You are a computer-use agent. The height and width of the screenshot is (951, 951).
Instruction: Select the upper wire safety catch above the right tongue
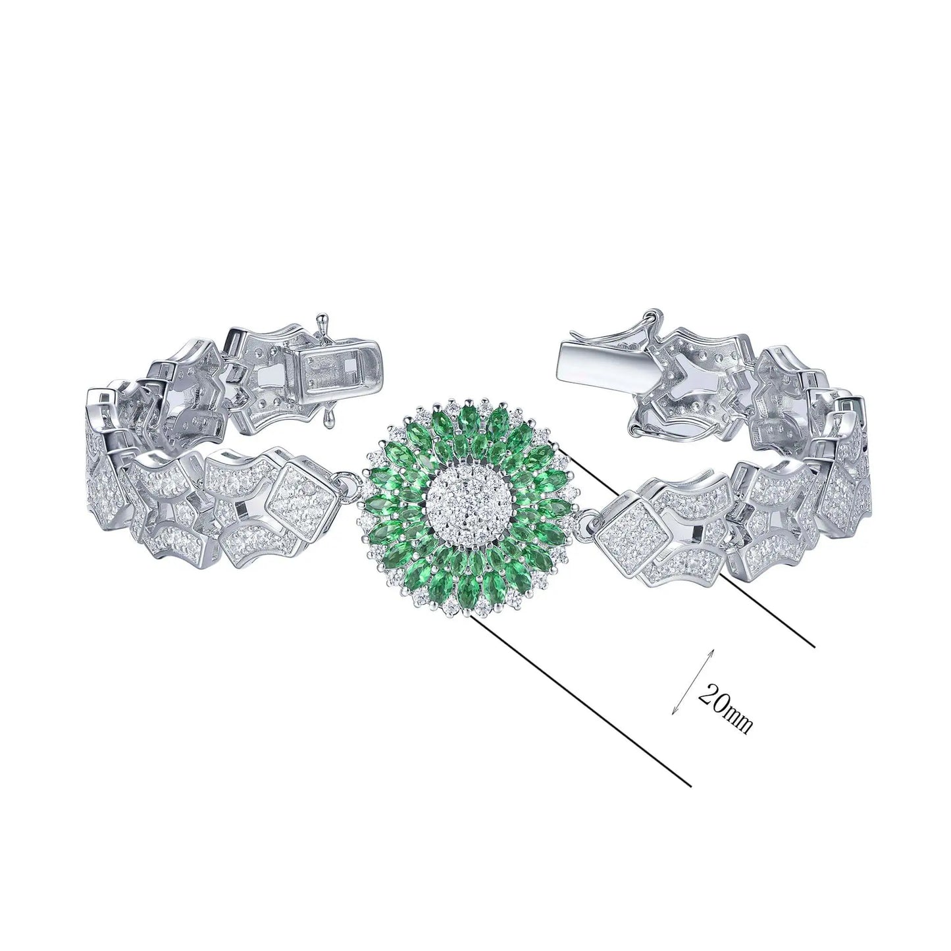point(648,322)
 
